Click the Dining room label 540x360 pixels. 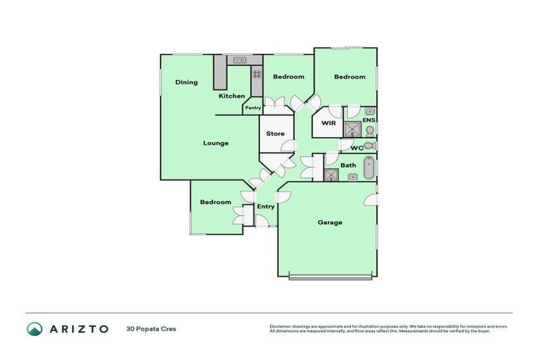[186, 82]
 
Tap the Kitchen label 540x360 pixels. [231, 96]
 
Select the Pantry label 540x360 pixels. [253, 108]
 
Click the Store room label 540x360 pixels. [275, 134]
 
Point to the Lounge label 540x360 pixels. [216, 143]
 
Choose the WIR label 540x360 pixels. [328, 123]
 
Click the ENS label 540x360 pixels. [368, 120]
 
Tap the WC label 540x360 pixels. [356, 148]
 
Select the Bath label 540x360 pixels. [348, 166]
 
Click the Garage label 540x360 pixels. [329, 222]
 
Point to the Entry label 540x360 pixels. [265, 206]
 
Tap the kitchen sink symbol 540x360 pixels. [240, 60]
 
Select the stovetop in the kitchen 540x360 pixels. [257, 73]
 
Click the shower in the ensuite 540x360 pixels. [352, 129]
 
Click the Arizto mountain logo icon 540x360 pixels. [34, 328]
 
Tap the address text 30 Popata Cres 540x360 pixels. [151, 328]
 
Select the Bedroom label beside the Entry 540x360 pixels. [215, 202]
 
